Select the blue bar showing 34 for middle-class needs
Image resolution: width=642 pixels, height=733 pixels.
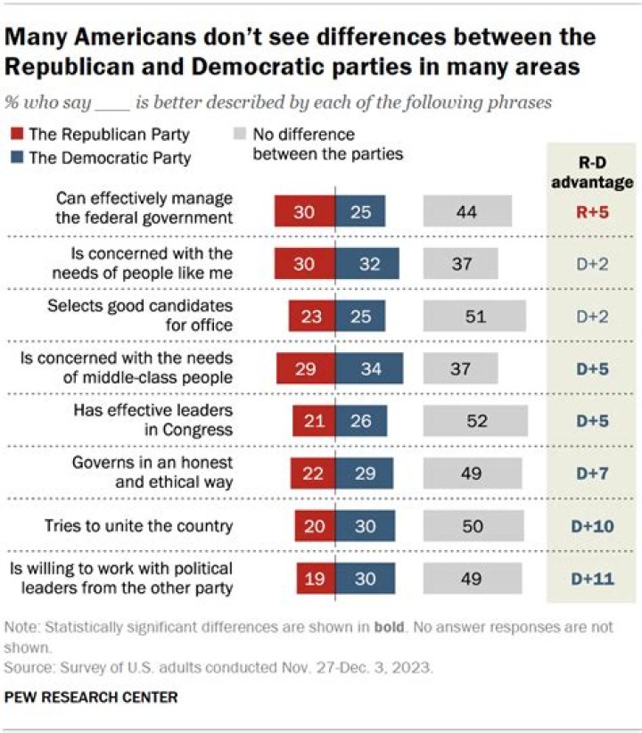[x=368, y=369]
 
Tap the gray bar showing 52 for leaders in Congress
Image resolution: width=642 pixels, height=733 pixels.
[x=473, y=421]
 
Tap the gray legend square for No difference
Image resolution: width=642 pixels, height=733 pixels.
[x=238, y=136]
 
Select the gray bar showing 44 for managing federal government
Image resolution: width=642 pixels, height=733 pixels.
[x=467, y=213]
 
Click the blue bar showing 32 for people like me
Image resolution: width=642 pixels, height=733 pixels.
[x=366, y=265]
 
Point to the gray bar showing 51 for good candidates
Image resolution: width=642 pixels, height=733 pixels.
[x=473, y=317]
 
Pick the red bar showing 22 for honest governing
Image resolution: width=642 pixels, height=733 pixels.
[x=313, y=473]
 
